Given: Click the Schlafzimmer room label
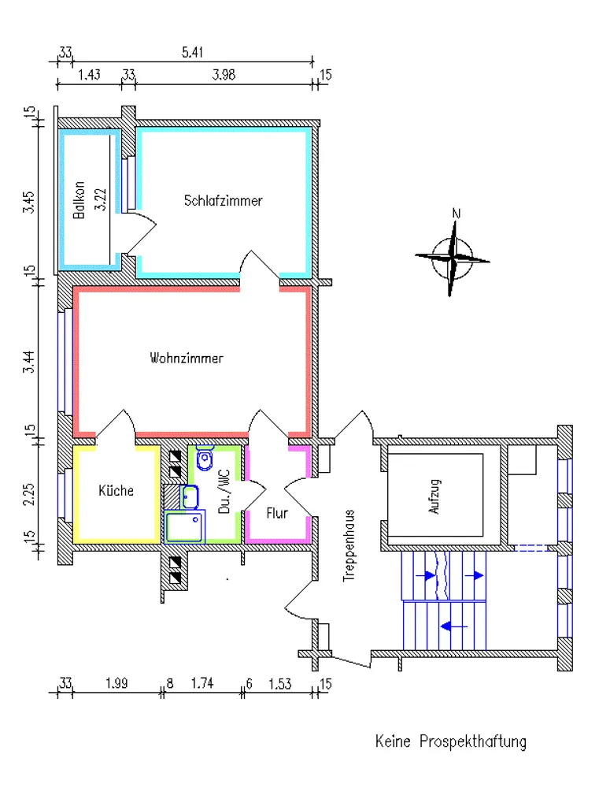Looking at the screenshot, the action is click(223, 200).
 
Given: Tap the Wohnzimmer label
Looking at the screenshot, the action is click(187, 358).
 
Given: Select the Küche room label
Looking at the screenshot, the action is click(116, 490).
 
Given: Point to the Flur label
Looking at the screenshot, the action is click(277, 513).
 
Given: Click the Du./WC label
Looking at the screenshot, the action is click(224, 492).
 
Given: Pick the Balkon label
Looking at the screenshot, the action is click(79, 200).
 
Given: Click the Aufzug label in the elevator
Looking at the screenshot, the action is click(434, 496).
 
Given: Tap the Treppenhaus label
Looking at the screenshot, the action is click(349, 546).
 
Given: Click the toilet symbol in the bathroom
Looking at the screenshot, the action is click(205, 457).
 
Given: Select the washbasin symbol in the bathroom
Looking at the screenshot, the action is click(189, 497).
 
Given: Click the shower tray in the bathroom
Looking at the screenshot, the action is click(184, 526).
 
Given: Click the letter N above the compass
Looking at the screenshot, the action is click(456, 214).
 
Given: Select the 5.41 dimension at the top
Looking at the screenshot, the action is click(192, 52).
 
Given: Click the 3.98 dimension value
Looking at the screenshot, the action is click(224, 75).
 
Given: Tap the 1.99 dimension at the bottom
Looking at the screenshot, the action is click(116, 683).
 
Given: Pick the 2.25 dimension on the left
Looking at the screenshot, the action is click(29, 494).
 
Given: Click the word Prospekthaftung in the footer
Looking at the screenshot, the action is click(473, 742).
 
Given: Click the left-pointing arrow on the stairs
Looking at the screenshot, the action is click(453, 626).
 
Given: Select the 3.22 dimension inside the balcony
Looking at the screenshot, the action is click(101, 199).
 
